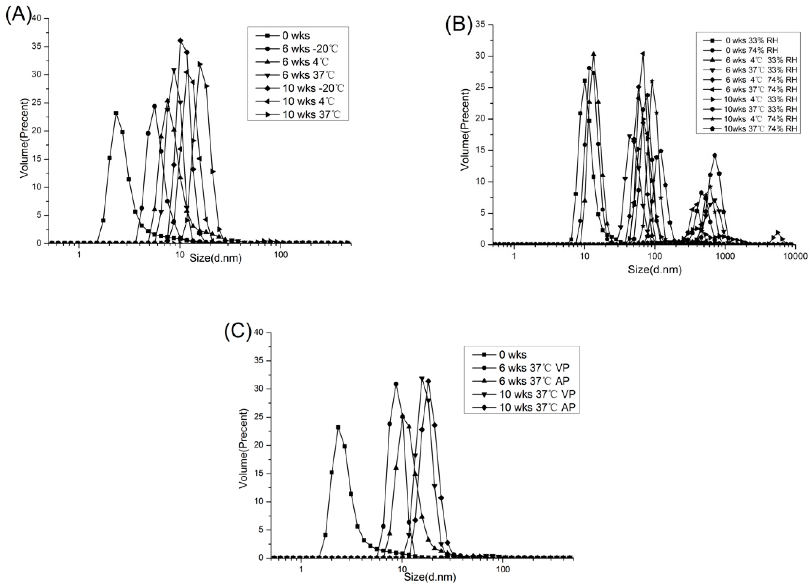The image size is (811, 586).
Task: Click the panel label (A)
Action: (18, 15)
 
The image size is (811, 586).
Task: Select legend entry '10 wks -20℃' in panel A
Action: (313, 88)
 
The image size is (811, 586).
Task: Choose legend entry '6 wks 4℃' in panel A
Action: (305, 62)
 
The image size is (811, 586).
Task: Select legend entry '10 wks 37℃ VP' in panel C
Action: (538, 394)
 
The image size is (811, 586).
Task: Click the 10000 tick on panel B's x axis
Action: (795, 256)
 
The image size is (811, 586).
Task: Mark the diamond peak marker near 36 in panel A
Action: (180, 40)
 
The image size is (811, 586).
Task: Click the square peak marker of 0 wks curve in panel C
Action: (338, 427)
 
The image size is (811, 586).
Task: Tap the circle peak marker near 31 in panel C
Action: (396, 384)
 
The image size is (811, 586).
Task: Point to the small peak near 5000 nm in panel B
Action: (777, 232)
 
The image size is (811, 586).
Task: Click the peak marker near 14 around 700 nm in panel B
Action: (714, 156)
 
